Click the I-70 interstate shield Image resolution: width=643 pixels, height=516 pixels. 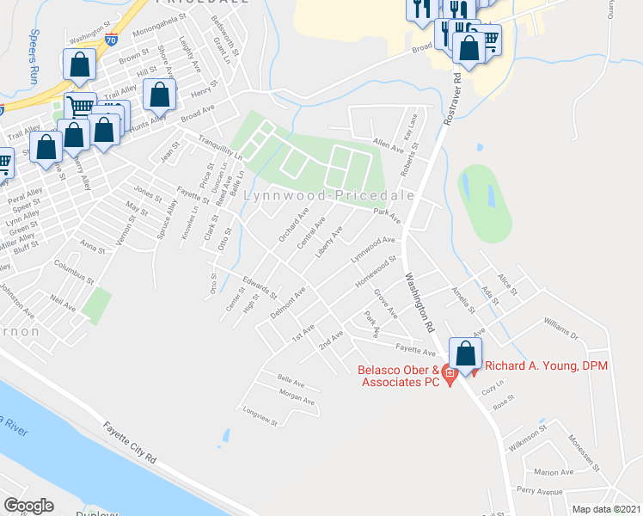112,38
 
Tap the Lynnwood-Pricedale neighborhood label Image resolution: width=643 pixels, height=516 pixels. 329,195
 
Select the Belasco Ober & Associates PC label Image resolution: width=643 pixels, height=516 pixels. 397,378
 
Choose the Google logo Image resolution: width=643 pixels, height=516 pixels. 28,506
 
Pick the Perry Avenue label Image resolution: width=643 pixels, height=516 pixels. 540,492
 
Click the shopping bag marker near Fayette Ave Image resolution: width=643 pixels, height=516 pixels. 465,354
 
